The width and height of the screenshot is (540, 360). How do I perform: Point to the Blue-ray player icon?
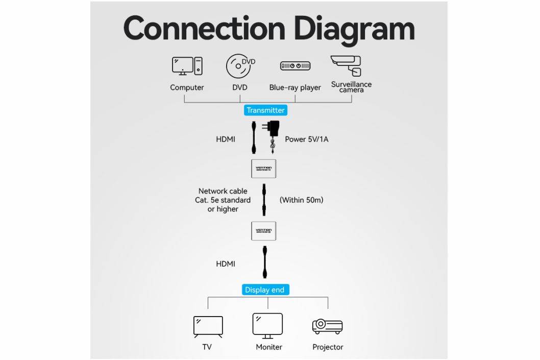pyautogui.click(x=295, y=66)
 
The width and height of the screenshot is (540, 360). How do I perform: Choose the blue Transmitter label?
pyautogui.click(x=265, y=110)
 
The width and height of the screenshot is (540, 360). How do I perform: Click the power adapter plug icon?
pyautogui.click(x=271, y=136)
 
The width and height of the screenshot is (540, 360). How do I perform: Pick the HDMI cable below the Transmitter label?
pyautogui.click(x=254, y=137)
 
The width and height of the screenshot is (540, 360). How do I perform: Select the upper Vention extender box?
pyautogui.click(x=264, y=168)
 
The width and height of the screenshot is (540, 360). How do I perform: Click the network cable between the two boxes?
pyautogui.click(x=264, y=200)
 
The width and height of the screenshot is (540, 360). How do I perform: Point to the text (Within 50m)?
pyautogui.click(x=301, y=200)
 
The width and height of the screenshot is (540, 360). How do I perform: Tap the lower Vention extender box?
pyautogui.click(x=264, y=231)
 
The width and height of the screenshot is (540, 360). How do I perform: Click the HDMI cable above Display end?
pyautogui.click(x=265, y=263)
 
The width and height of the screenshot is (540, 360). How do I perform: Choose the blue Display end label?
pyautogui.click(x=264, y=290)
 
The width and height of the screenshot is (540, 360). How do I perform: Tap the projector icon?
pyautogui.click(x=327, y=326)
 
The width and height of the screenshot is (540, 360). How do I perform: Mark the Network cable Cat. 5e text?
pyautogui.click(x=223, y=200)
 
